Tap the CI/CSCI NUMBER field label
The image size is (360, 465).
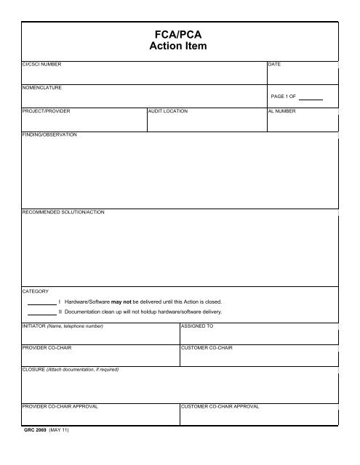[42, 65]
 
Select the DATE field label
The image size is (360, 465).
[275, 65]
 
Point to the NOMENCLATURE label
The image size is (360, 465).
[41, 88]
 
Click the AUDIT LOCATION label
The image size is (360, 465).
[168, 111]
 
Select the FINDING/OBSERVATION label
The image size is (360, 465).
[49, 134]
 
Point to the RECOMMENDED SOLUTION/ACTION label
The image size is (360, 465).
[64, 211]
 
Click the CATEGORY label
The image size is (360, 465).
[36, 290]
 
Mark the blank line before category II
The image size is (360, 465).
[41, 314]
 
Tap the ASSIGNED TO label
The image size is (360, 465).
[196, 326]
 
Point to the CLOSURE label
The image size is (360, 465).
[36, 371]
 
